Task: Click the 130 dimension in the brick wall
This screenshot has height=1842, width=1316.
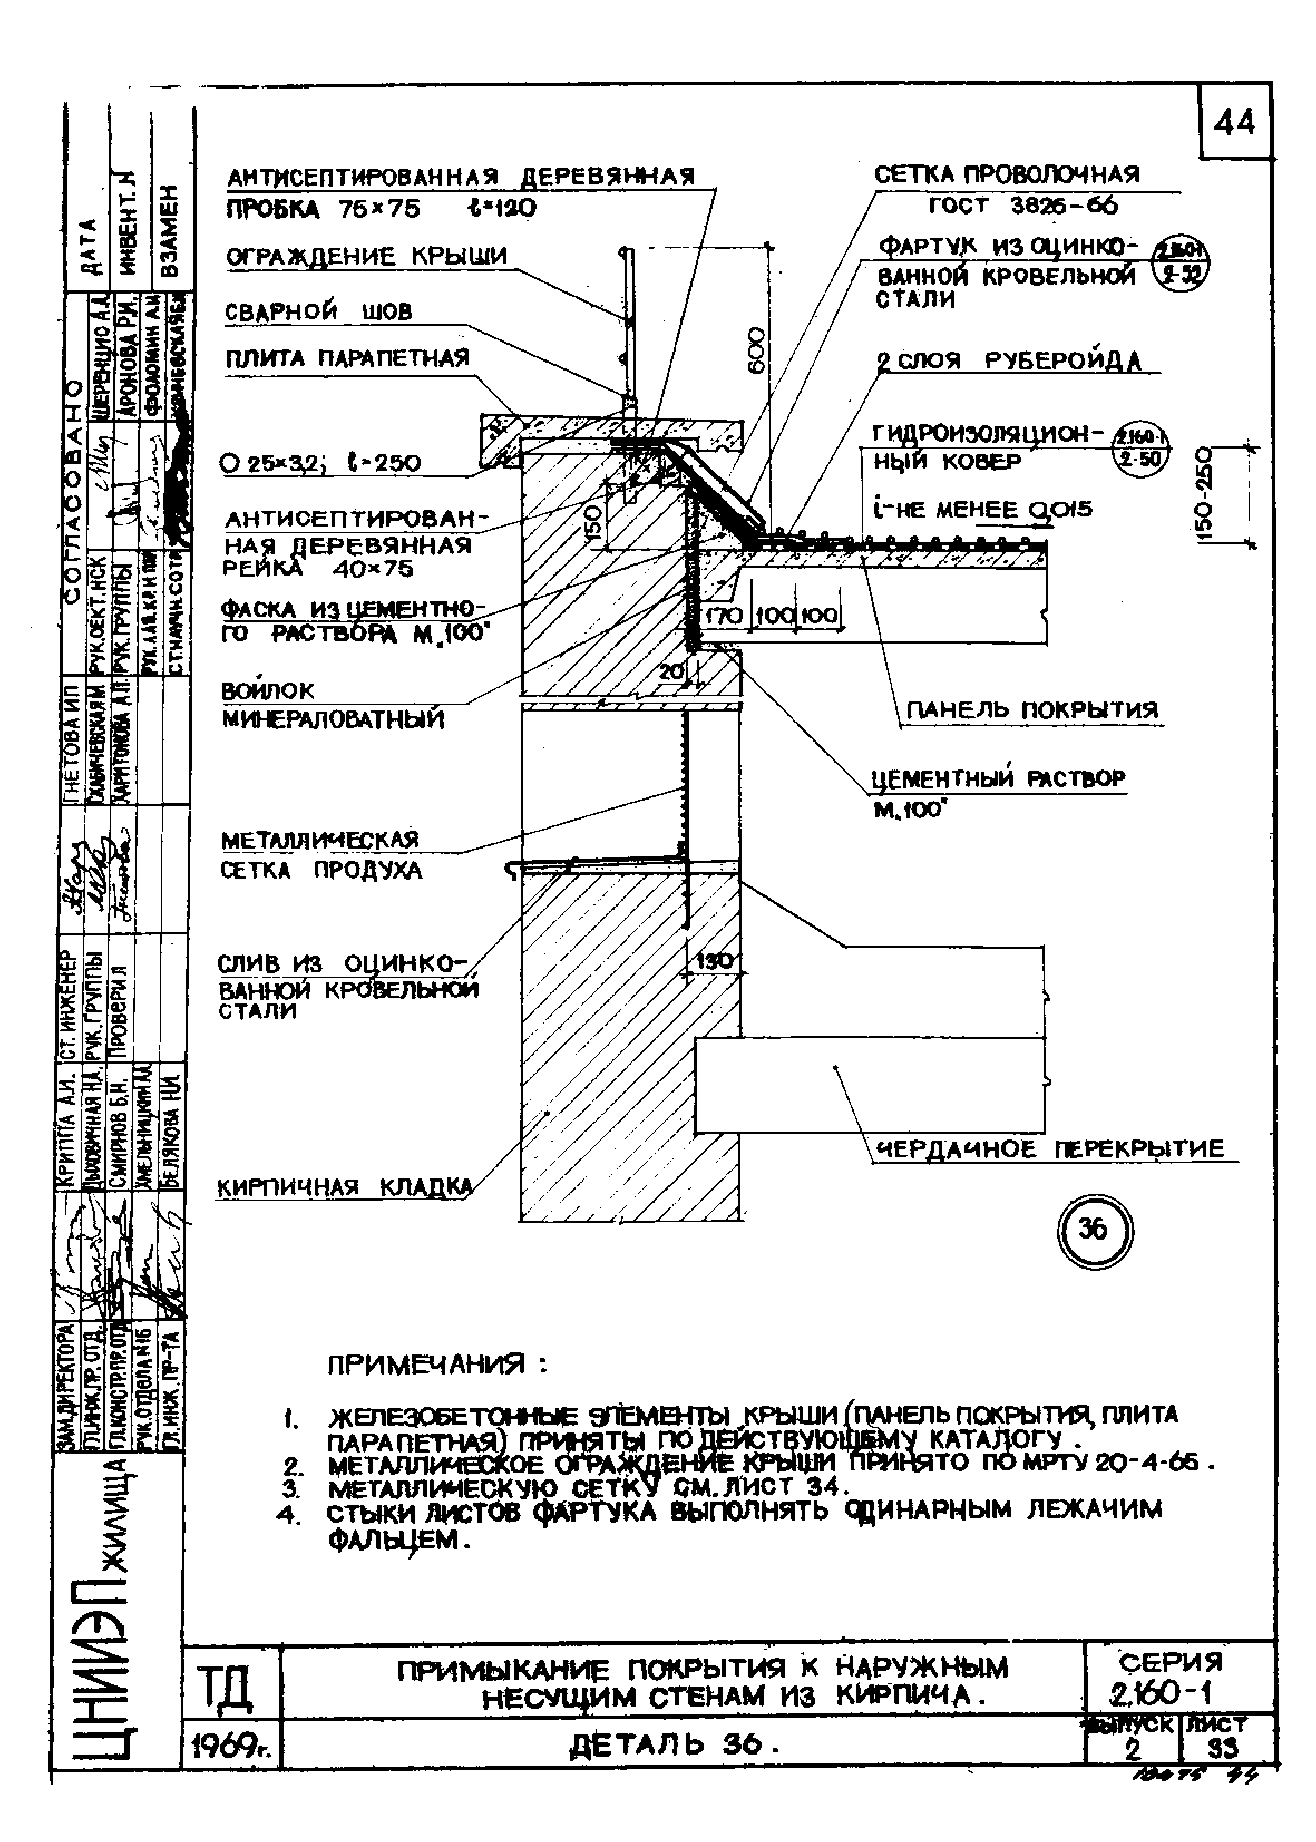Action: coord(713,962)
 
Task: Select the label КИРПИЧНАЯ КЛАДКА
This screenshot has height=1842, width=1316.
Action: coord(344,1188)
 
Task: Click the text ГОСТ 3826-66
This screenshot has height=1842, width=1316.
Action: coord(1023,206)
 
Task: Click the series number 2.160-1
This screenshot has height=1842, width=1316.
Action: coord(1167,1693)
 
